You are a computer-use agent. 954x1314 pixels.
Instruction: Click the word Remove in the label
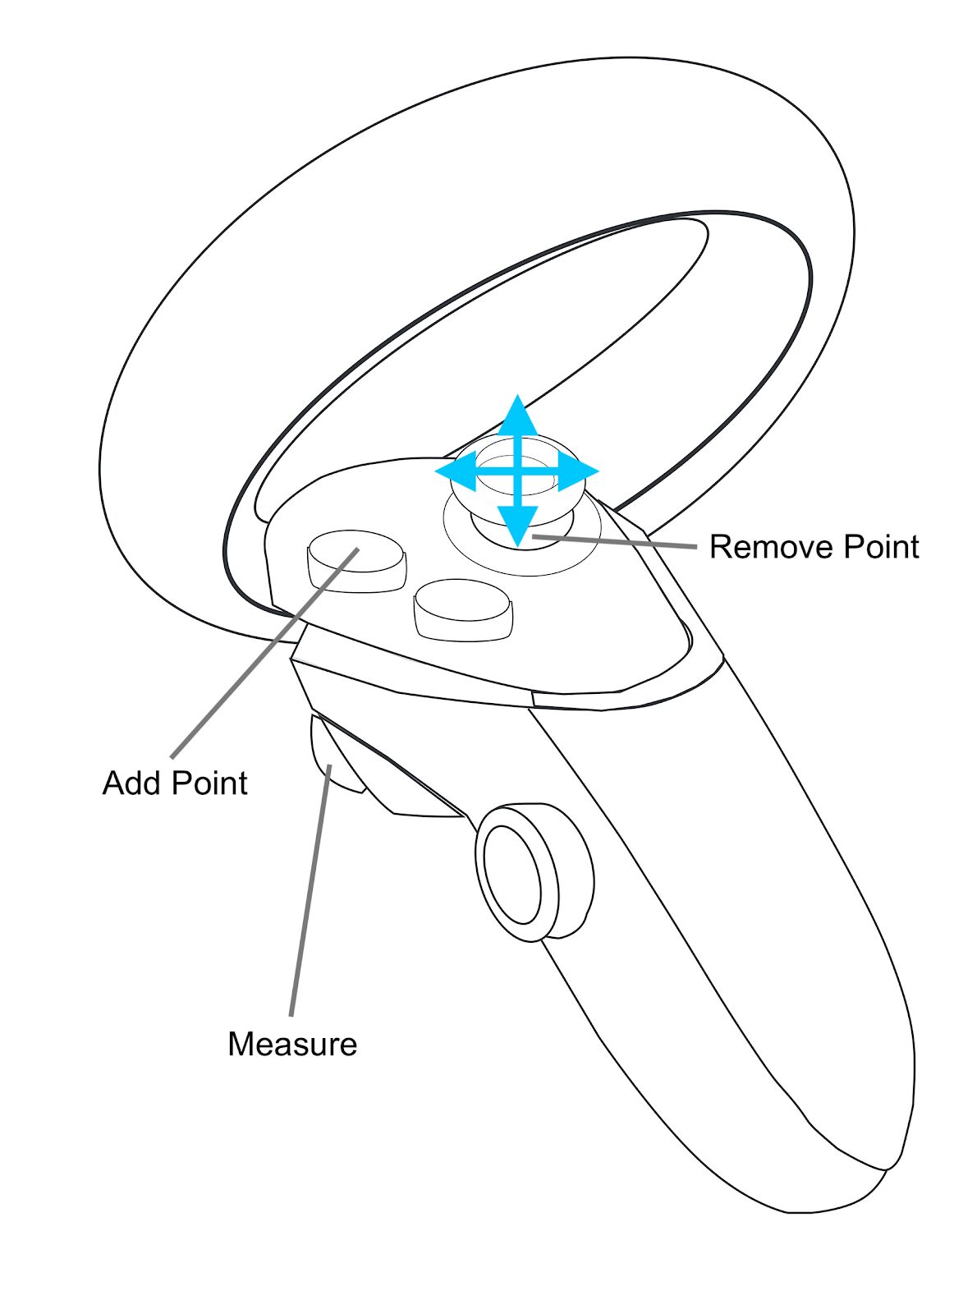760,547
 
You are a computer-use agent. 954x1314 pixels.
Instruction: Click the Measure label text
292,1044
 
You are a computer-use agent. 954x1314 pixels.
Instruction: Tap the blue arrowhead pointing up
517,416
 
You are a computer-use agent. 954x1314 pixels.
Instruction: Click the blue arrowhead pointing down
517,526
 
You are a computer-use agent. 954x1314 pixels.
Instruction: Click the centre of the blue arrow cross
517,471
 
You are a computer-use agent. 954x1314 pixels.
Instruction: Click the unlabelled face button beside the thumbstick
462,609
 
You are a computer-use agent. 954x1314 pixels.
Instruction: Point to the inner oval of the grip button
514,875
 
